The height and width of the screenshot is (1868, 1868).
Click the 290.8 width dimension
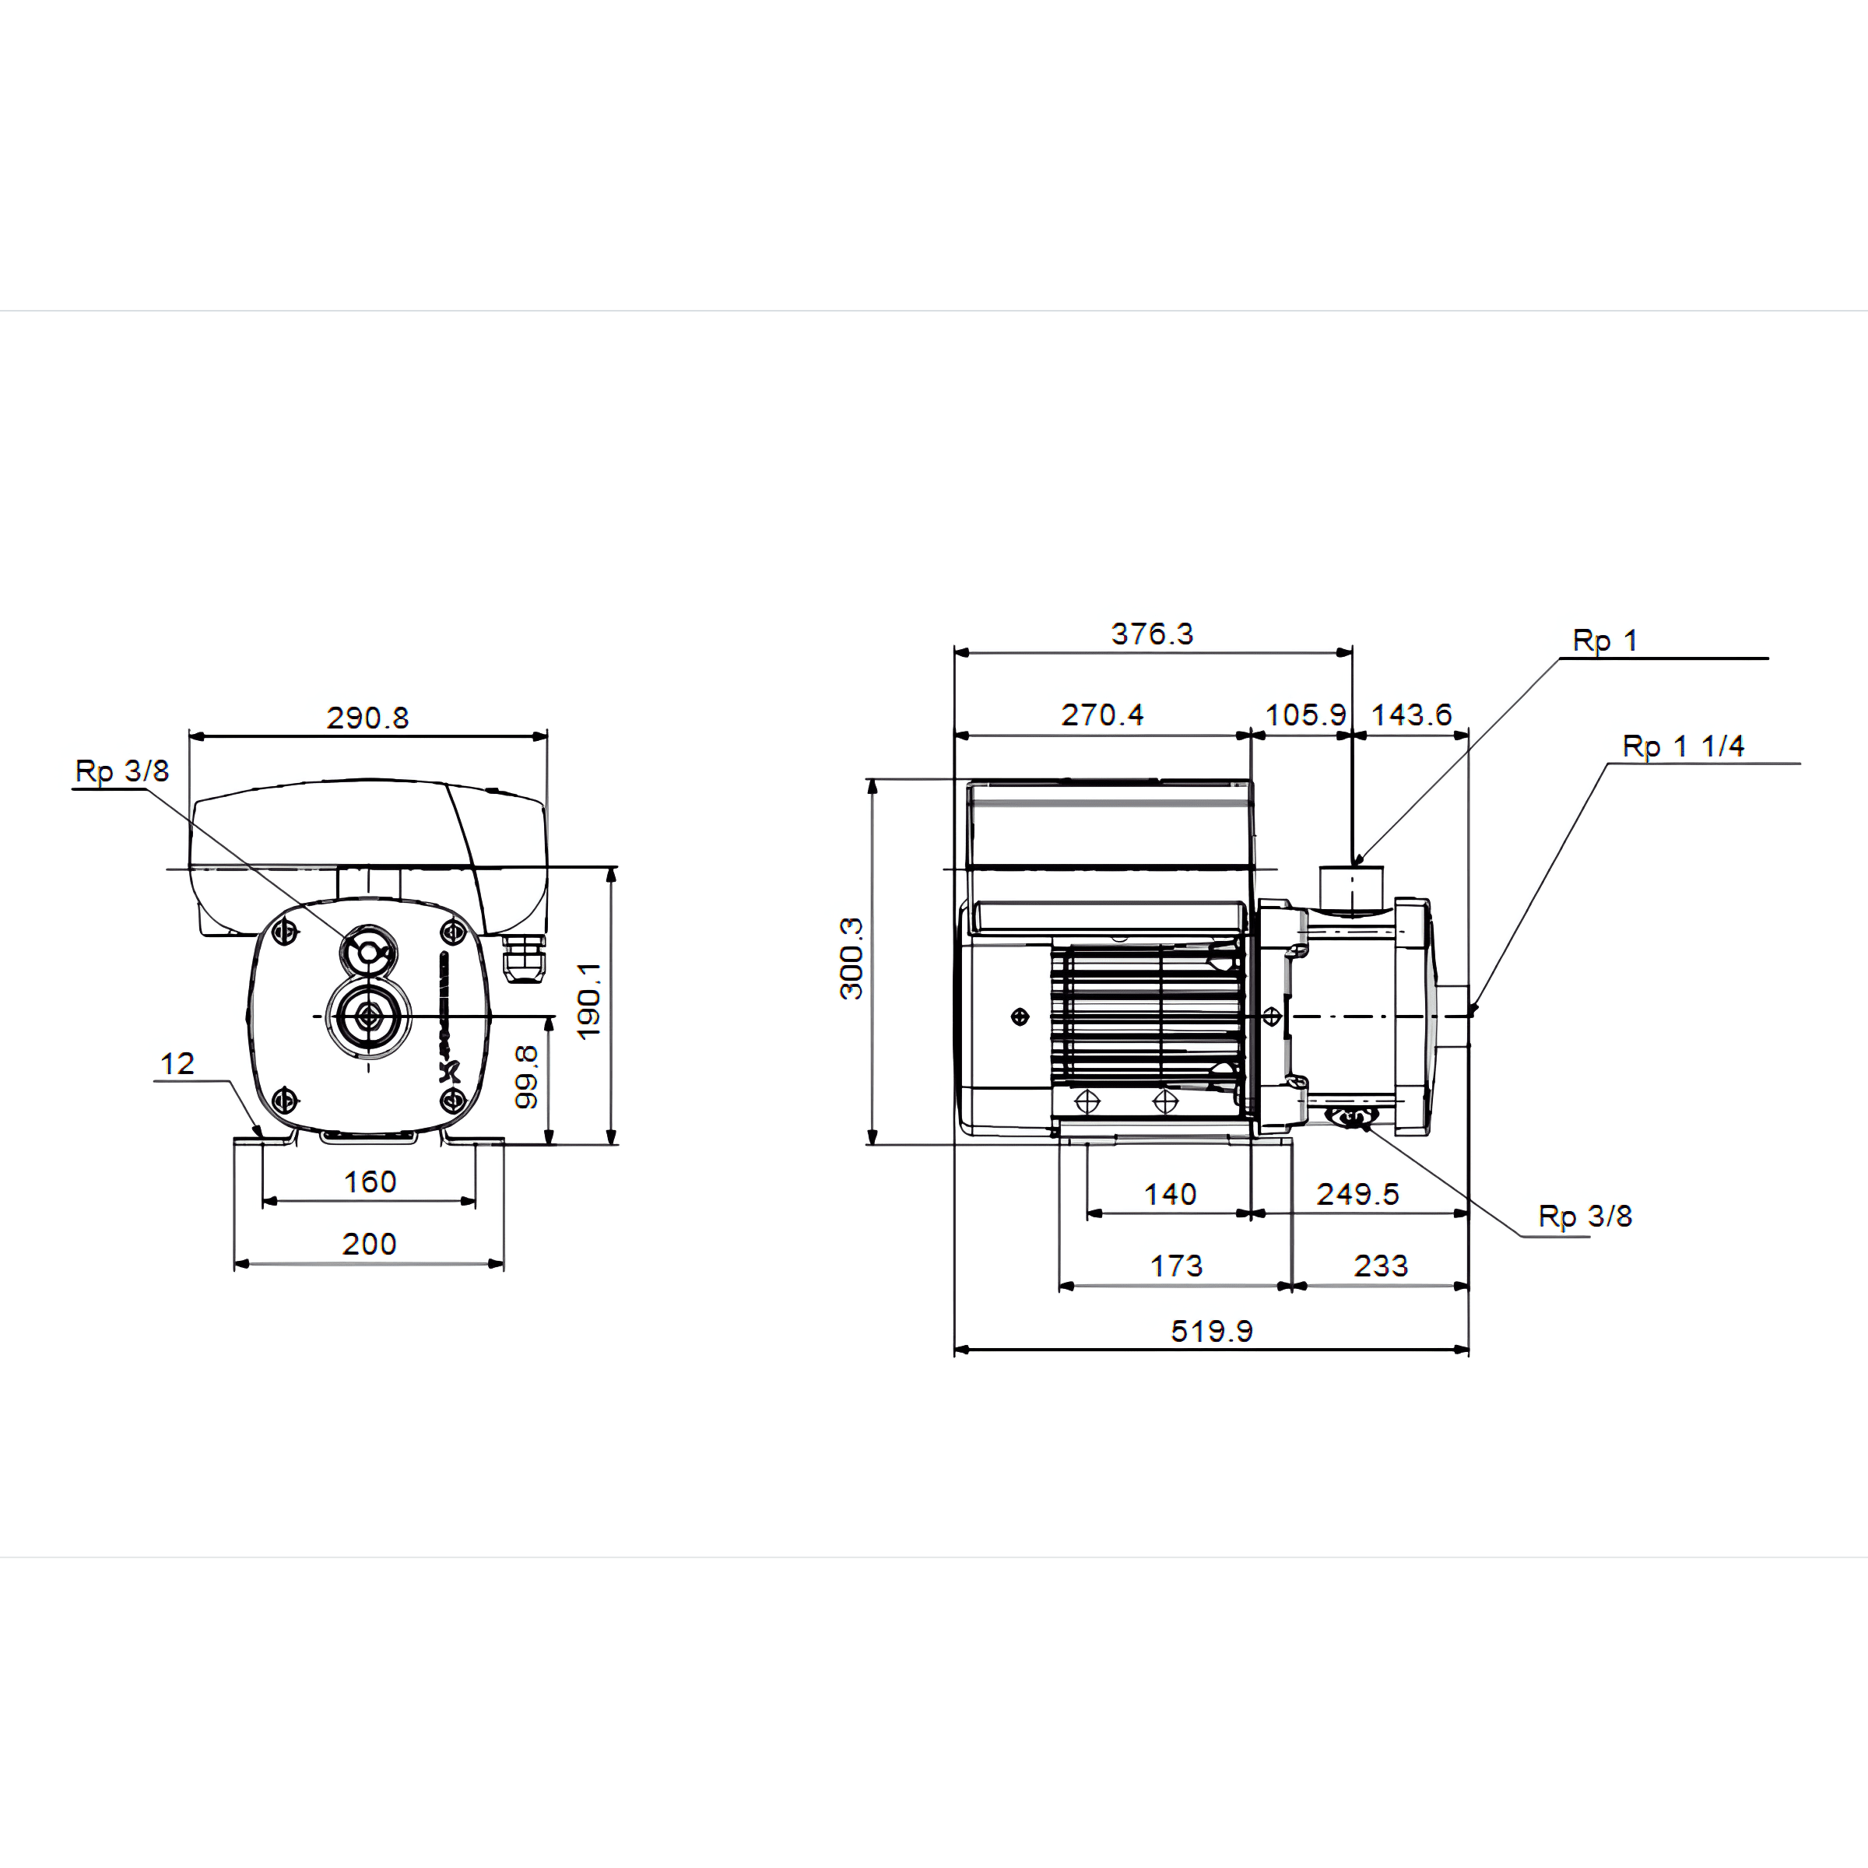pyautogui.click(x=367, y=718)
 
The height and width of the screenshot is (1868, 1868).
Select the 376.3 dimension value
pyautogui.click(x=1152, y=634)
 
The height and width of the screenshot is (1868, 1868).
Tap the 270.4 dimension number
pyautogui.click(x=1102, y=715)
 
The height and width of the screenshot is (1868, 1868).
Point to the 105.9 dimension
pyautogui.click(x=1305, y=715)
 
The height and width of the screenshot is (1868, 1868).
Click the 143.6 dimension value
pyautogui.click(x=1412, y=715)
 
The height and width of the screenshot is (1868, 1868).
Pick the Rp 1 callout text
pyautogui.click(x=1605, y=640)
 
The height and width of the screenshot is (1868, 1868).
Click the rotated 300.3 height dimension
pyautogui.click(x=851, y=958)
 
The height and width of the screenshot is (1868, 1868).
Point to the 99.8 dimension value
pyautogui.click(x=526, y=1076)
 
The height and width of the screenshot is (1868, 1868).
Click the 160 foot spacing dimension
pyautogui.click(x=370, y=1181)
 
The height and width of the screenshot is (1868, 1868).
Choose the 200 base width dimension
pyautogui.click(x=370, y=1244)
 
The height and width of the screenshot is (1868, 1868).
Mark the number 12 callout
pyautogui.click(x=177, y=1063)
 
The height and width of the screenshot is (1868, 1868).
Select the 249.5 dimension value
pyautogui.click(x=1357, y=1194)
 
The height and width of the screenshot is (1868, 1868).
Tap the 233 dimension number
pyautogui.click(x=1381, y=1266)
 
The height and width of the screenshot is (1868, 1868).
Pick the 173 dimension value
pyautogui.click(x=1176, y=1266)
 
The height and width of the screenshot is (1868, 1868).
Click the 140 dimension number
pyautogui.click(x=1170, y=1194)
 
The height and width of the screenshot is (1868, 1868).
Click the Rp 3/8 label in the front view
pyautogui.click(x=122, y=771)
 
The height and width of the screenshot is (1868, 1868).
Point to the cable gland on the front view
pyautogui.click(x=524, y=958)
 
